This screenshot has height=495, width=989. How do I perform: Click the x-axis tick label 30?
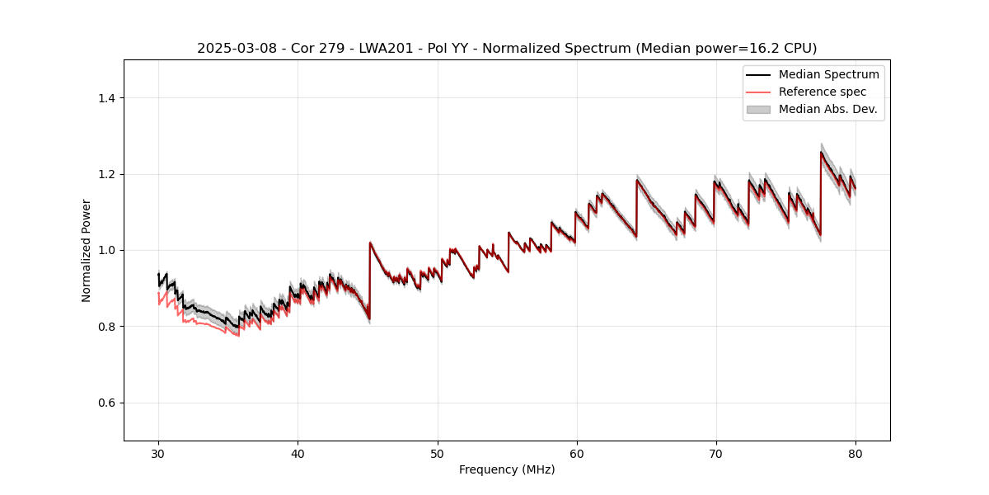(158, 453)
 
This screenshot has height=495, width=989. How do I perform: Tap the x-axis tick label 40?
(298, 453)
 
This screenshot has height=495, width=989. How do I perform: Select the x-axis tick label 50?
(438, 453)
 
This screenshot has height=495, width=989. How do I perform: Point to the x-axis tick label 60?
(577, 453)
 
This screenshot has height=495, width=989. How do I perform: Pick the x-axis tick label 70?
(716, 453)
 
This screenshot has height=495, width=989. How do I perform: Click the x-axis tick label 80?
(855, 453)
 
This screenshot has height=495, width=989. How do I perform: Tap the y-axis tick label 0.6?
(106, 403)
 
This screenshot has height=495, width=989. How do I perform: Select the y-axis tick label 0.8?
(106, 327)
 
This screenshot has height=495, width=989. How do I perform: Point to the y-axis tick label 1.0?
(106, 250)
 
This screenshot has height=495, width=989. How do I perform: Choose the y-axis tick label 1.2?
(106, 174)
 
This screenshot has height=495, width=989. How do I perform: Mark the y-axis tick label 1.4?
(106, 98)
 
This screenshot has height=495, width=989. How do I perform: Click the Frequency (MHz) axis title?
(507, 469)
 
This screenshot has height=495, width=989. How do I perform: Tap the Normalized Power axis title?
(87, 250)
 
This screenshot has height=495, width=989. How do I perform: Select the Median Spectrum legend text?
(828, 74)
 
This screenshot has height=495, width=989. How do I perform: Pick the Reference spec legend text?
(823, 92)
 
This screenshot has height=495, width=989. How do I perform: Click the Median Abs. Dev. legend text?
(827, 109)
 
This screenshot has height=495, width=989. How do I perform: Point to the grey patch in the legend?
(758, 109)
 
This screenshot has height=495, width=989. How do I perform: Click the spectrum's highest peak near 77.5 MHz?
(821, 153)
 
